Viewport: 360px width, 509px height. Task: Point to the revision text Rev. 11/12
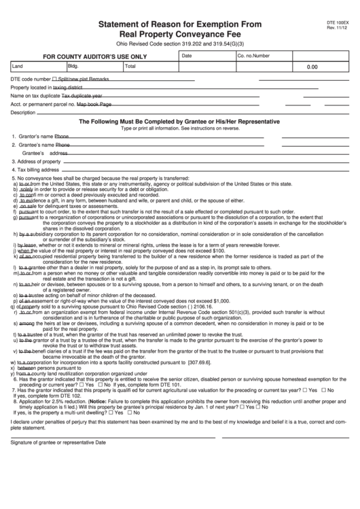(336, 28)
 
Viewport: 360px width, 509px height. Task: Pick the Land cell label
(18, 67)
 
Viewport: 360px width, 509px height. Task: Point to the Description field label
(24, 112)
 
